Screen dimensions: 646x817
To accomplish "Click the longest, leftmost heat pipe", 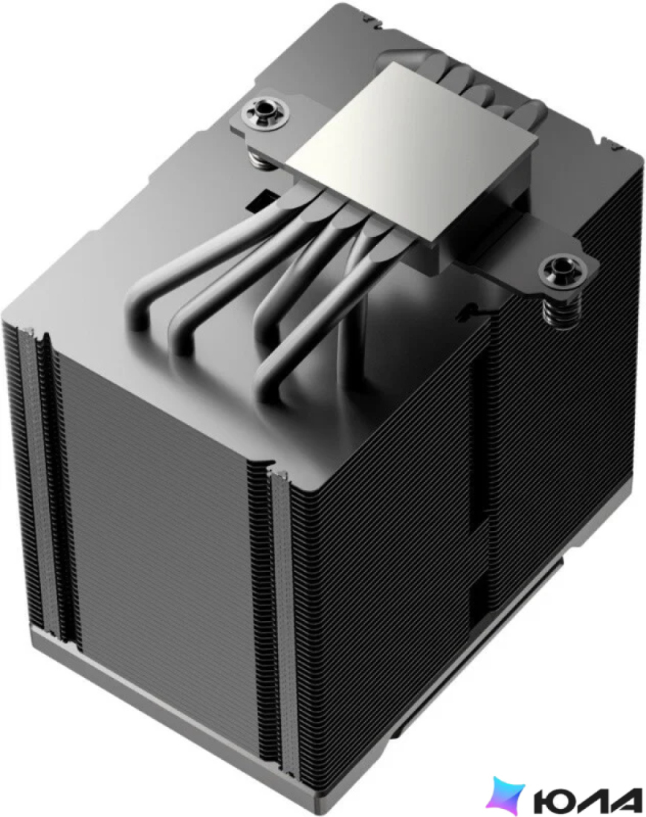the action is pyautogui.click(x=209, y=255).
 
